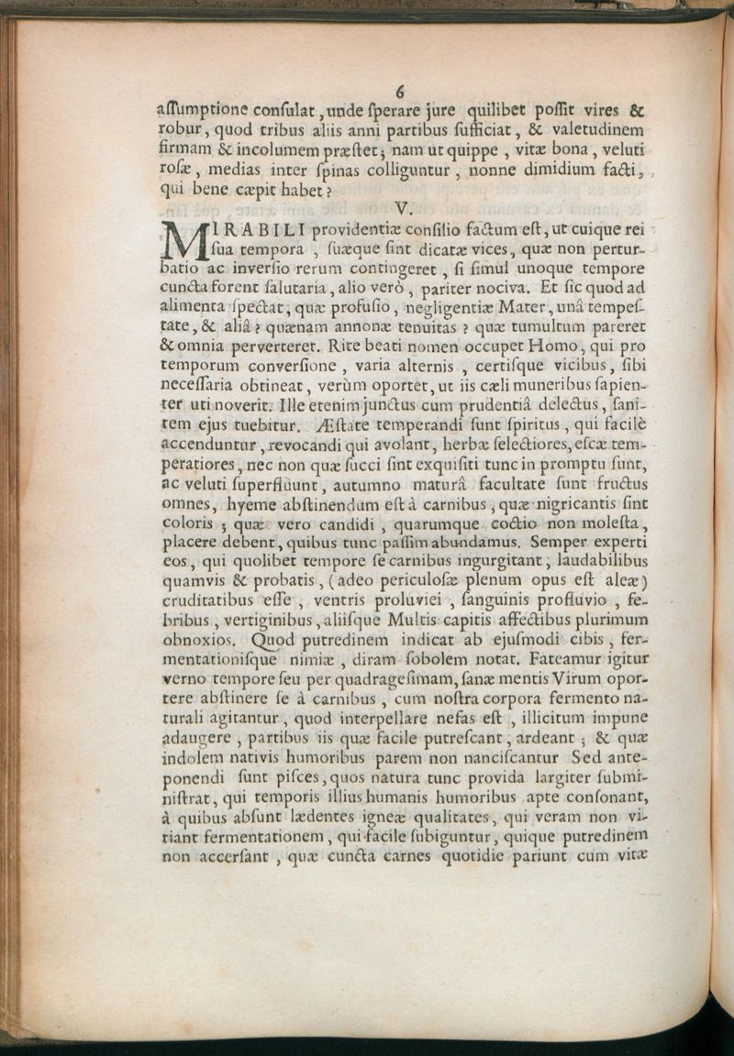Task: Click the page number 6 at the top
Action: [x=401, y=91]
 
